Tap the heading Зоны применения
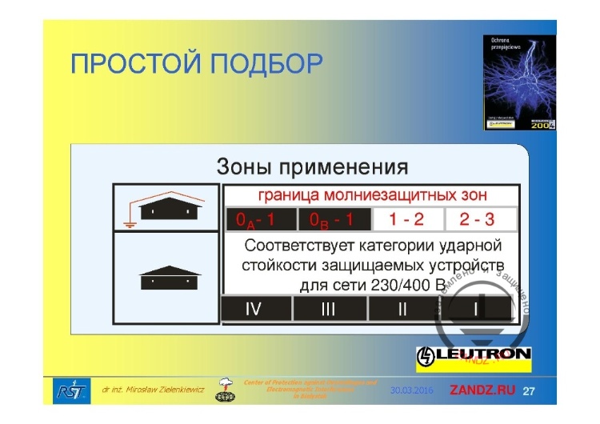312,167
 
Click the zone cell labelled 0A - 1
259,218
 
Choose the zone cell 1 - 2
406,218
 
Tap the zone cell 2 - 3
477,218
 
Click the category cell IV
254,309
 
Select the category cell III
328,309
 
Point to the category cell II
402,309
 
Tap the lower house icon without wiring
170,278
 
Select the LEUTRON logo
474,354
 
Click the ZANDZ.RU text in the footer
482,390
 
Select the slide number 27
529,390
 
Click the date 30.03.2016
412,390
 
